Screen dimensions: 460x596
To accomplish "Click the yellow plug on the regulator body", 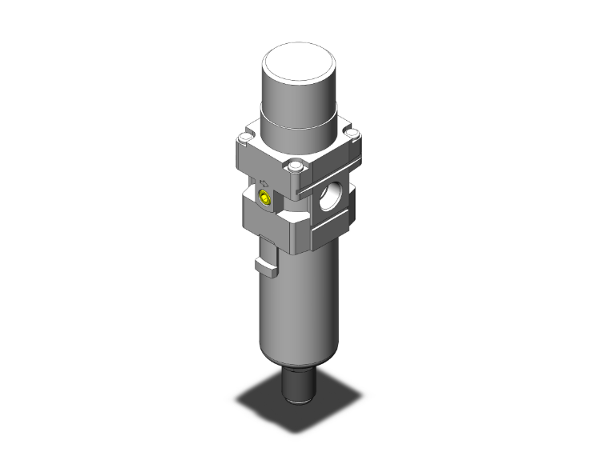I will (264, 198).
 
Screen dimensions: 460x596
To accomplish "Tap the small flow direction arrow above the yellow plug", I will (264, 182).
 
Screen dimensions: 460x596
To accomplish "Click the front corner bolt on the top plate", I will (297, 167).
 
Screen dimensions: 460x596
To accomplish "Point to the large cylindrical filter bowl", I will (300, 312).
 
